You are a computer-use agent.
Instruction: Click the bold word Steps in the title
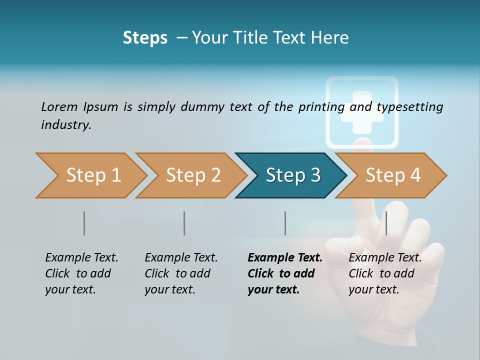click(x=145, y=38)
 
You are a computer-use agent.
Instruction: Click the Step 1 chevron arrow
click(x=93, y=175)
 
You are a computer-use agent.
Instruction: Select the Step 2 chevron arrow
click(x=193, y=175)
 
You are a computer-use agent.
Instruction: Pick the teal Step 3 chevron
click(x=293, y=175)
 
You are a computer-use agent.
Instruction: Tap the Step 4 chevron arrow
click(x=393, y=175)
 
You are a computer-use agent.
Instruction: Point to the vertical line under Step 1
click(x=84, y=223)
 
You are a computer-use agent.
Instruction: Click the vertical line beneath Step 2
click(x=184, y=223)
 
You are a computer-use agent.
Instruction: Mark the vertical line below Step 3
click(x=285, y=223)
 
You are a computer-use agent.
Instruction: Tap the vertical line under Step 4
click(x=386, y=223)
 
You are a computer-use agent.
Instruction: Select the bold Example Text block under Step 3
click(x=284, y=273)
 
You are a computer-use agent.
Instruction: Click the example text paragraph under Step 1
click(x=81, y=273)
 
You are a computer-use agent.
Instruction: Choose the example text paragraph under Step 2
click(x=181, y=273)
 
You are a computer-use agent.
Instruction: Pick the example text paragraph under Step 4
click(x=385, y=273)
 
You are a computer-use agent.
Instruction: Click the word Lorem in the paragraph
click(x=59, y=106)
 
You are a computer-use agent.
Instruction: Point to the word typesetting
click(x=409, y=107)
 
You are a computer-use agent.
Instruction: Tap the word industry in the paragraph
click(x=66, y=124)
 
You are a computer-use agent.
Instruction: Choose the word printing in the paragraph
click(x=321, y=107)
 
